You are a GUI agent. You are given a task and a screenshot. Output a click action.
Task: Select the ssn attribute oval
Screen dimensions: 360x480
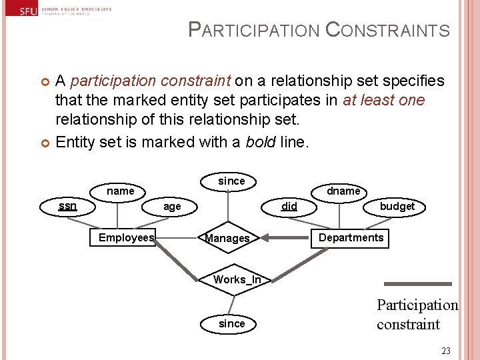tap(67, 206)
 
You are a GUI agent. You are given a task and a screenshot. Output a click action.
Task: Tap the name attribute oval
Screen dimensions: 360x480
tap(120, 191)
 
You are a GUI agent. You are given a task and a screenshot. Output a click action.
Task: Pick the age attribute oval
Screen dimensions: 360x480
tap(172, 207)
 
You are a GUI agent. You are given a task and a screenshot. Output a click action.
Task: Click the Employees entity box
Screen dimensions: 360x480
tap(126, 238)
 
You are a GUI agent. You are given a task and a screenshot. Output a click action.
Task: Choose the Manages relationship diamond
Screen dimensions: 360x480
tap(227, 239)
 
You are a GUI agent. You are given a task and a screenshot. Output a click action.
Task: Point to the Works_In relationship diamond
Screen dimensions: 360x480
tap(237, 280)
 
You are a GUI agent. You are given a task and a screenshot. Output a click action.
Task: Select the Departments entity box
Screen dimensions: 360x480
tap(351, 238)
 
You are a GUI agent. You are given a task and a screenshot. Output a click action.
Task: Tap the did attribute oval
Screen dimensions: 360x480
tap(289, 207)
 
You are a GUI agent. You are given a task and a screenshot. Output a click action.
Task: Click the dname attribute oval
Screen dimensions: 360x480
tap(343, 191)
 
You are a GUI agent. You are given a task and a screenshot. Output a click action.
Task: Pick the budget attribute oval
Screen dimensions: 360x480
tap(397, 207)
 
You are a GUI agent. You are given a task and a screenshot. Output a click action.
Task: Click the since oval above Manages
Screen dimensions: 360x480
tap(231, 181)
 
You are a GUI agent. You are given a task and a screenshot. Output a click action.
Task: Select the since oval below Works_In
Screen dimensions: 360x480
tap(231, 324)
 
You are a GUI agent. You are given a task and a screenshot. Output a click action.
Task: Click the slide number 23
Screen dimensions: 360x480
tap(446, 351)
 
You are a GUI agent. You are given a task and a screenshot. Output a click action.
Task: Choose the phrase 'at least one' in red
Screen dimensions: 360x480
tap(383, 101)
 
